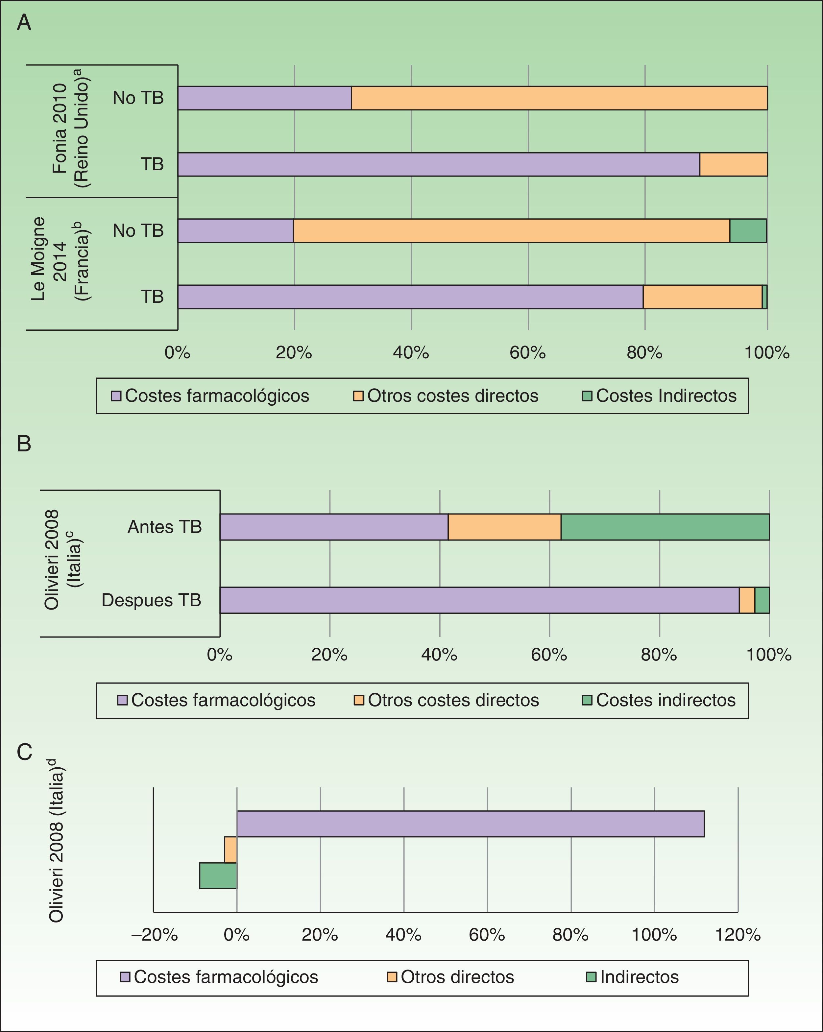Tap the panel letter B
[x=24, y=444]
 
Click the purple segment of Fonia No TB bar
[x=264, y=98]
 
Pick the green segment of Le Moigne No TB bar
[x=747, y=231]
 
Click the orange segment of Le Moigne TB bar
[x=702, y=297]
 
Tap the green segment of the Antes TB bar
[x=665, y=527]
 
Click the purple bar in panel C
[x=470, y=824]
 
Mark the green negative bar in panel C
[x=218, y=876]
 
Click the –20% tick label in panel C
[x=155, y=934]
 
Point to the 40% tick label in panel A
[x=411, y=353]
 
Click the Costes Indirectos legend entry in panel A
[x=659, y=396]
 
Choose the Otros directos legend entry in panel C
[x=450, y=977]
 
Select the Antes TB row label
[x=164, y=527]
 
